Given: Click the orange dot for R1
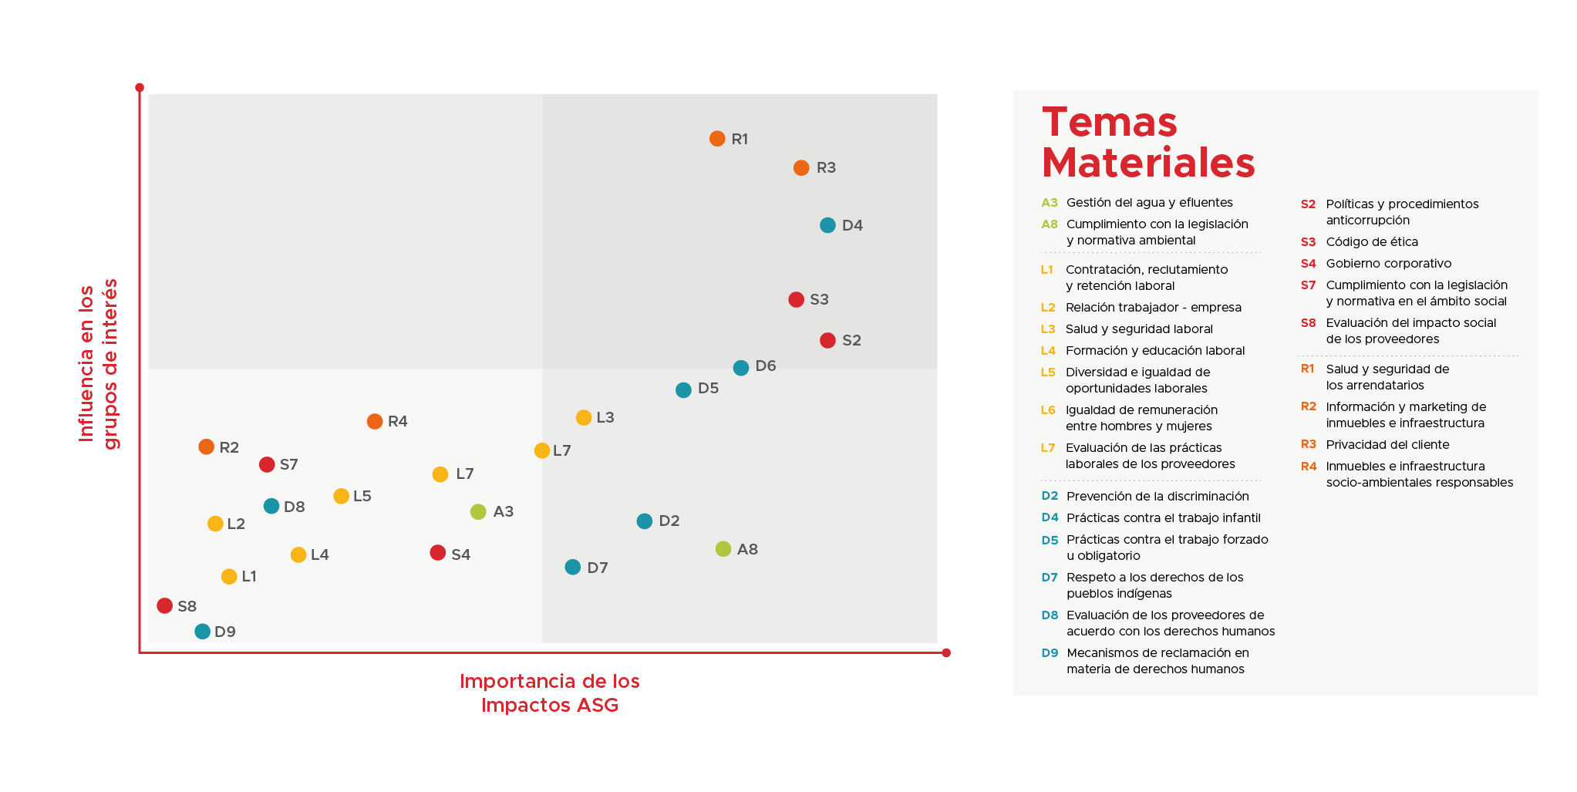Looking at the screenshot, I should pos(717,139).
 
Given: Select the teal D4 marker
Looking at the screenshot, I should pos(827,225).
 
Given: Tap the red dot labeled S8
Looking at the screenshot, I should pos(164,606).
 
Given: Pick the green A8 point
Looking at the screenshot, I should pos(723,549).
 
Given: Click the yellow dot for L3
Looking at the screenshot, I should pos(584,418).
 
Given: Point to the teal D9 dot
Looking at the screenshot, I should pos(203,632).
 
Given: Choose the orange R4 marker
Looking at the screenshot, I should pos(375,422).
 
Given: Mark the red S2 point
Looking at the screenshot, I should pos(827,341).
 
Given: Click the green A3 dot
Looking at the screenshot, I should pos(478,512).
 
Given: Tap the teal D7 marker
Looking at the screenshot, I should pos(572,568).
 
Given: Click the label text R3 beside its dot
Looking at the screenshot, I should pos(826,168).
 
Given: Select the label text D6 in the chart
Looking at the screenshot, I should pos(766,366).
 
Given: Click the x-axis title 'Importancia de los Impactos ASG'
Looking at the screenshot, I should pos(550,693).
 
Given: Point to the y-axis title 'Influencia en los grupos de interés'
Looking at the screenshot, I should pos(99,364).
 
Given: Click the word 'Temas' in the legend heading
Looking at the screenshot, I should pos(1110,123).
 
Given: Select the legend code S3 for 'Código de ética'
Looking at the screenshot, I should pos(1308,242).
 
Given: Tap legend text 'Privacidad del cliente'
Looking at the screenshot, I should pos(1387,445).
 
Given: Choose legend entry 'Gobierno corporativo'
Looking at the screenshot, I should pos(1388,264).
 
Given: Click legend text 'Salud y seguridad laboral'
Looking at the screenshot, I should pos(1139,329).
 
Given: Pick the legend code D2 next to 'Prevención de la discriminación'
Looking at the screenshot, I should pos(1050,497).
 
